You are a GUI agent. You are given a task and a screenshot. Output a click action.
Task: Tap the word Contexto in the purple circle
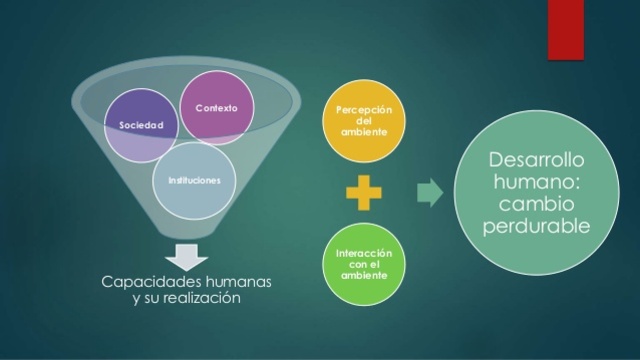[217, 107]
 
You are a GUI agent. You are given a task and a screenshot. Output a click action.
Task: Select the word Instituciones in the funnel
[194, 180]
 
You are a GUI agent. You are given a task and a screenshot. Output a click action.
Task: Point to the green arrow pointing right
[429, 193]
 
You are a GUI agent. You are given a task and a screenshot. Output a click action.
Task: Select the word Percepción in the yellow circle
[365, 109]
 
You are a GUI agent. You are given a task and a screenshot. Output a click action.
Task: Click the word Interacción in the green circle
[366, 255]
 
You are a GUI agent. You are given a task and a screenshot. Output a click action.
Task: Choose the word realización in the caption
[203, 299]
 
